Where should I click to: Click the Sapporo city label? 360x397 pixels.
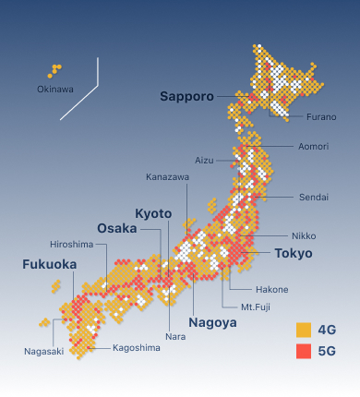pyautogui.click(x=186, y=96)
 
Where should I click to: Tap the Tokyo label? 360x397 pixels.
pyautogui.click(x=294, y=253)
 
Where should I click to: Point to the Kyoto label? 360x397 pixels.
pyautogui.click(x=153, y=213)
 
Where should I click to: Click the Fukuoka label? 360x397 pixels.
pyautogui.click(x=50, y=264)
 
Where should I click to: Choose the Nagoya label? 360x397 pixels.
pyautogui.click(x=212, y=322)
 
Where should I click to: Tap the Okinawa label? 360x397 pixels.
pyautogui.click(x=55, y=90)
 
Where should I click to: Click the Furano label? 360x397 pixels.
pyautogui.click(x=321, y=117)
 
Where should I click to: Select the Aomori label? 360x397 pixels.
pyautogui.click(x=313, y=147)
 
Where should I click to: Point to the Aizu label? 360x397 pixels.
pyautogui.click(x=204, y=160)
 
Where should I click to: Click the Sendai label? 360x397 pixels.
pyautogui.click(x=313, y=198)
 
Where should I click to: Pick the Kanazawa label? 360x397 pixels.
pyautogui.click(x=167, y=176)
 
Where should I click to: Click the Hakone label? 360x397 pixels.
pyautogui.click(x=271, y=289)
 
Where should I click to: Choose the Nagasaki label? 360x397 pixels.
pyautogui.click(x=44, y=351)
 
